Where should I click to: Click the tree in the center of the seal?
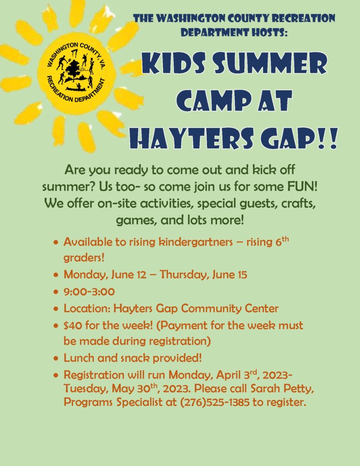tap(72, 71)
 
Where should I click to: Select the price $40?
tap(73, 325)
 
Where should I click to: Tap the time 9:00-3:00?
tap(89, 292)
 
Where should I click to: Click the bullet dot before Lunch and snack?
tap(56, 359)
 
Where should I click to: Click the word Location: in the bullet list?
tap(87, 309)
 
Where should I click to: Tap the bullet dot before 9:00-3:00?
tap(56, 292)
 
